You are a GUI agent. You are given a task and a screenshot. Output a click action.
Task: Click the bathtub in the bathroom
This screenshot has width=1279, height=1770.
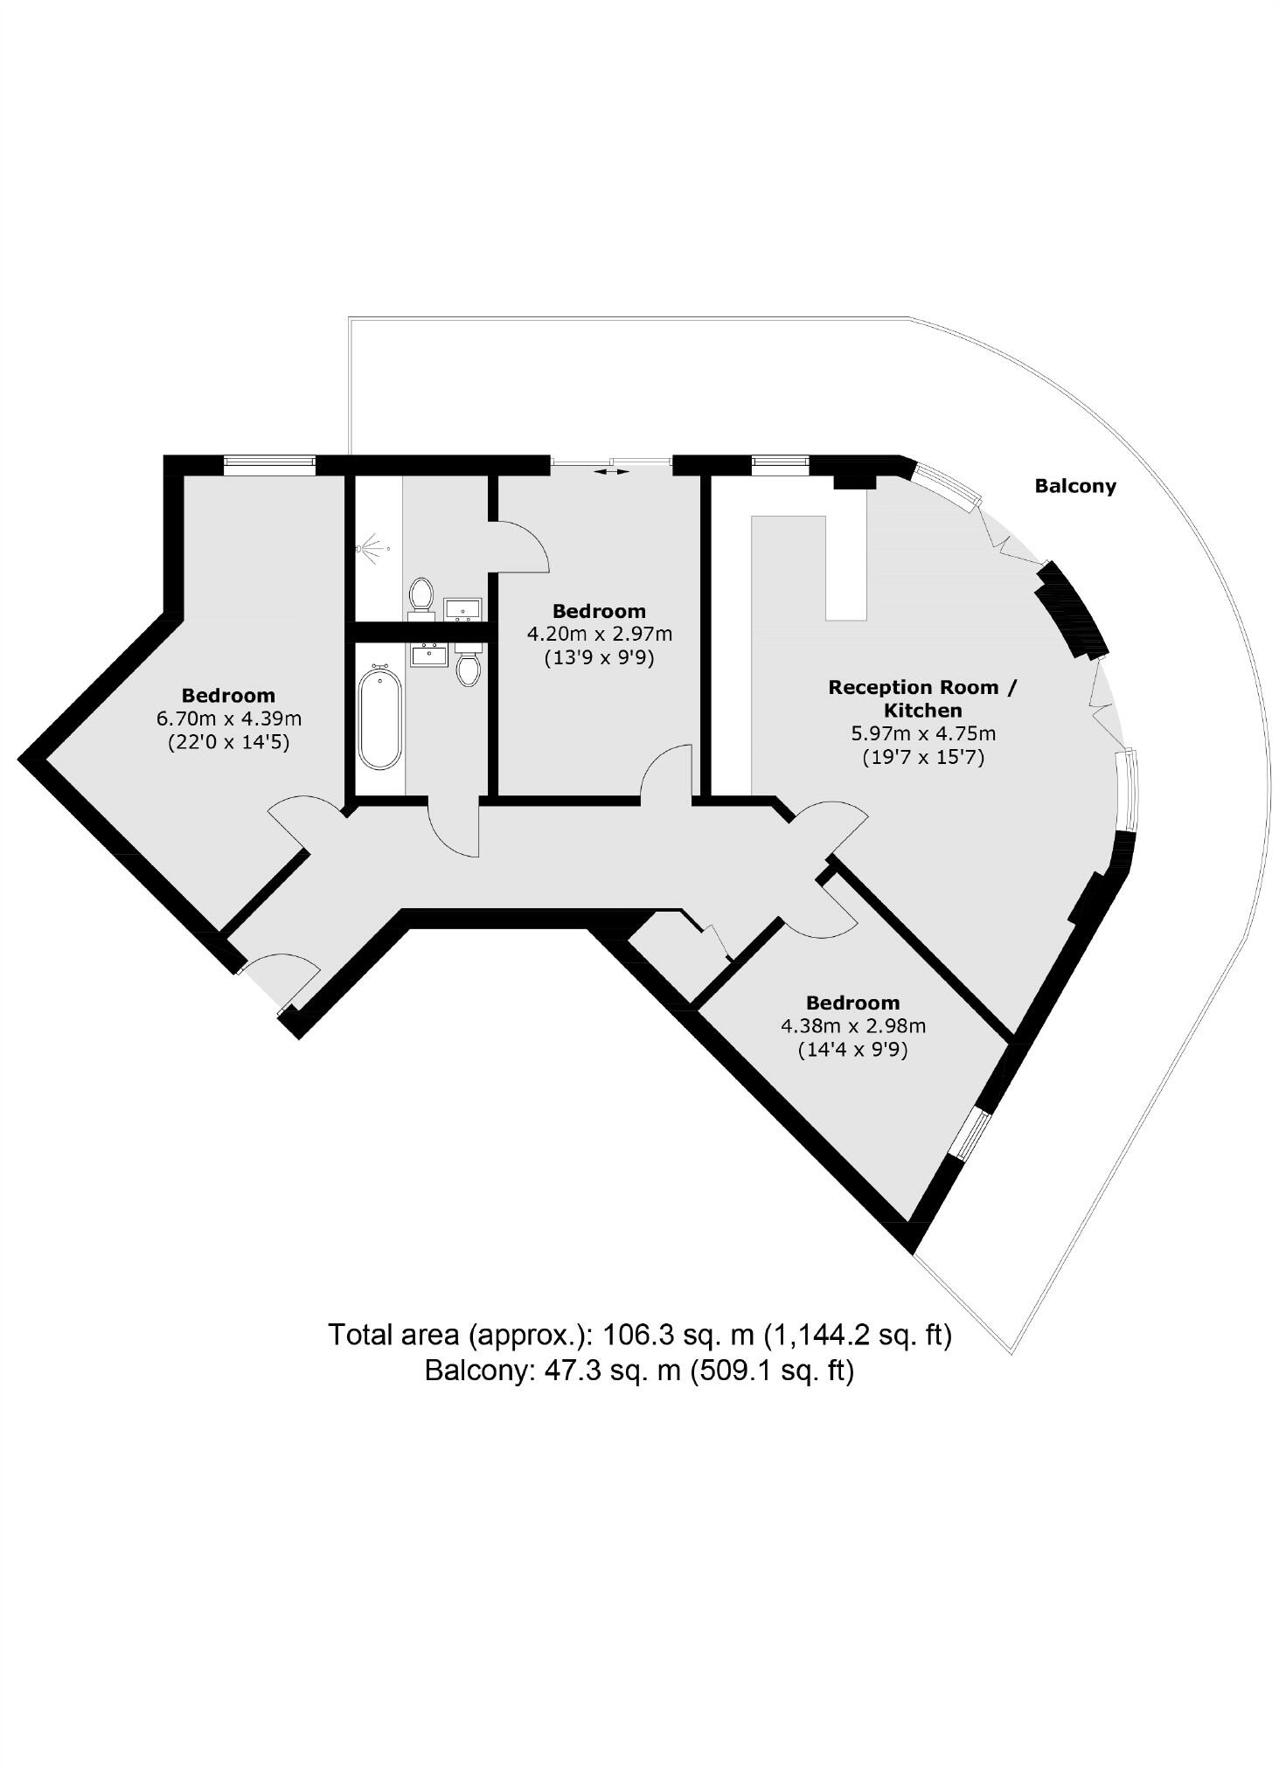point(380,718)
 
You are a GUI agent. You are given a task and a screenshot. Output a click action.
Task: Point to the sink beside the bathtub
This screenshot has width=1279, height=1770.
point(428,654)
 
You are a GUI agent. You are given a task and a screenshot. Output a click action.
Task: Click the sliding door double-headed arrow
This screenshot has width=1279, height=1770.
point(611,472)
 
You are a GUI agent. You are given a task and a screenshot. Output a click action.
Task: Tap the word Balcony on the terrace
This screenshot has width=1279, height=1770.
point(1074,486)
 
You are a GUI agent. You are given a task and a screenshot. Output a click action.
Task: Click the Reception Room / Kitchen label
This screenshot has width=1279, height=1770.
point(922,698)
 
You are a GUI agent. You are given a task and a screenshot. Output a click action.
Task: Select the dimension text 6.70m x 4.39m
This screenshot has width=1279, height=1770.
point(228,718)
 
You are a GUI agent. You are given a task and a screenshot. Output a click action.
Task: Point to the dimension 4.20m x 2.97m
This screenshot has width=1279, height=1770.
point(599,634)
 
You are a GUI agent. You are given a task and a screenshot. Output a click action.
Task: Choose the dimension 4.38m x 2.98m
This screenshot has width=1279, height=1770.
point(852,1025)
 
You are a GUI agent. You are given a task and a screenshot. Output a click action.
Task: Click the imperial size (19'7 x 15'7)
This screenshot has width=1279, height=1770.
point(922,757)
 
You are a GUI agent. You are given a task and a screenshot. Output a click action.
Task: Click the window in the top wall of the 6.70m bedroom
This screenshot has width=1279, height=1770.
point(268,465)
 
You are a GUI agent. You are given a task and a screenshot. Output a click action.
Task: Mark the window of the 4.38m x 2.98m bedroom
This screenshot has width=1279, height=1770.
point(971,1135)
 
